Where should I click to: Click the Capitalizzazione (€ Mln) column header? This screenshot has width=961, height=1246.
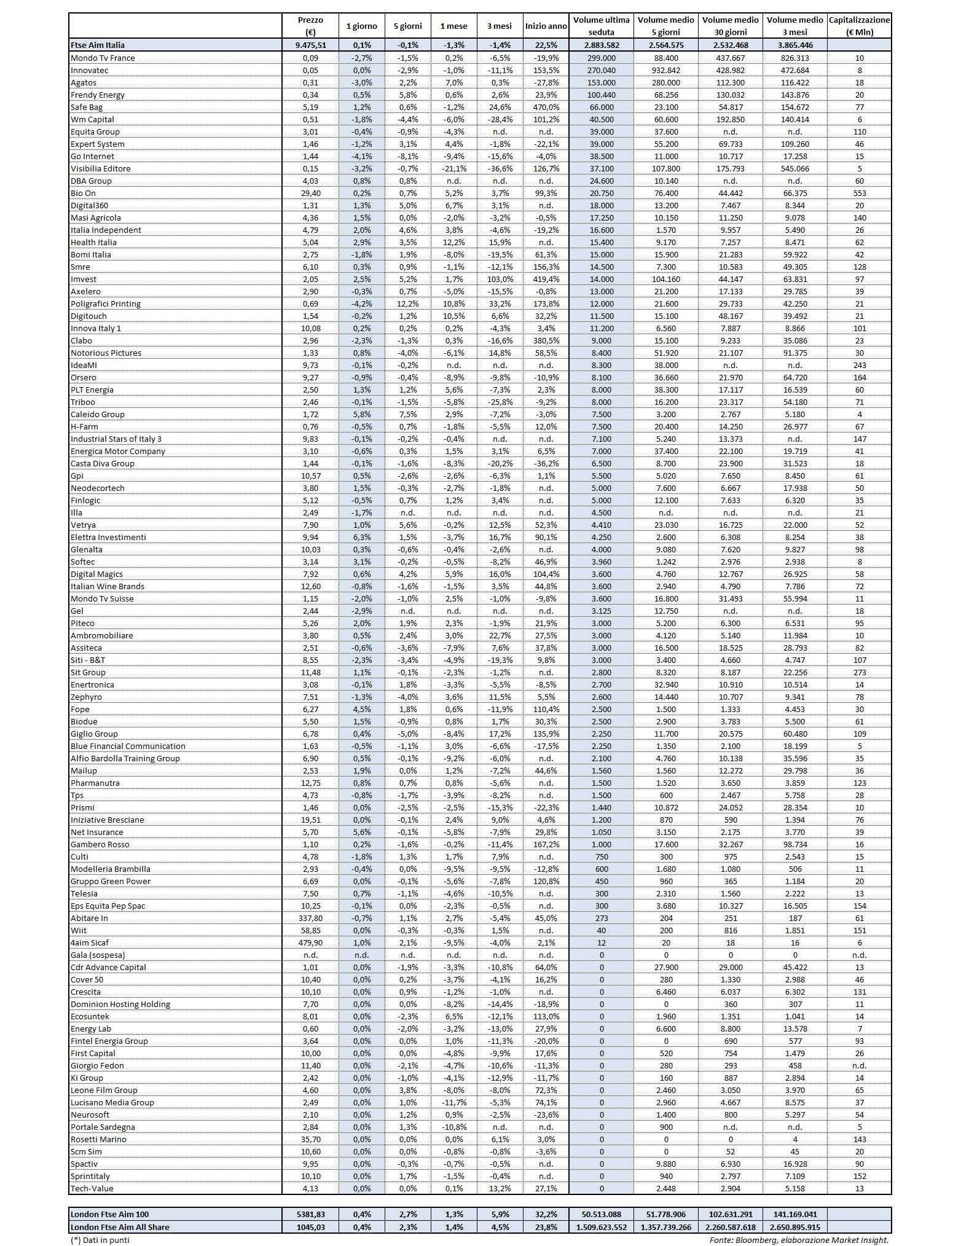pyautogui.click(x=859, y=26)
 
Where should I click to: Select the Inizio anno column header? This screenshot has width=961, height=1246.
pyautogui.click(x=546, y=26)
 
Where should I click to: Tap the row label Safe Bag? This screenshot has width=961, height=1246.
pyautogui.click(x=87, y=107)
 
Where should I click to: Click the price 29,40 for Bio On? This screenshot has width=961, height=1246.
pyautogui.click(x=310, y=193)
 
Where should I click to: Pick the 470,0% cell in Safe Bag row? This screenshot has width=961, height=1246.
pyautogui.click(x=546, y=107)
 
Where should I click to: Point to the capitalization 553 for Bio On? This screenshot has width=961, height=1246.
pyautogui.click(x=859, y=193)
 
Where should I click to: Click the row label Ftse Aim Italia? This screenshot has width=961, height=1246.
pyautogui.click(x=98, y=45)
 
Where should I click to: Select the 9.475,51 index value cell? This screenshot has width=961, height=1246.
pyautogui.click(x=310, y=45)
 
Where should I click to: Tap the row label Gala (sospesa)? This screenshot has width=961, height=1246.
pyautogui.click(x=98, y=955)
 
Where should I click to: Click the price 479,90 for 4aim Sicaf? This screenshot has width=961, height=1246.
pyautogui.click(x=310, y=942)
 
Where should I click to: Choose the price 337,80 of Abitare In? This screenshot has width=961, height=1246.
pyautogui.click(x=310, y=918)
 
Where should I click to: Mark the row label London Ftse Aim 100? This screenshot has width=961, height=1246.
pyautogui.click(x=110, y=1214)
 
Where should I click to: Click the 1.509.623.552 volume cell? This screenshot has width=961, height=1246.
pyautogui.click(x=602, y=1227)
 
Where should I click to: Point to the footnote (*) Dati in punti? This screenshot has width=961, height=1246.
pyautogui.click(x=100, y=1240)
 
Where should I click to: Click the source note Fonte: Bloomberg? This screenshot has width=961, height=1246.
pyautogui.click(x=799, y=1240)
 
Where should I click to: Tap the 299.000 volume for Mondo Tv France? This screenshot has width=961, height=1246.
pyautogui.click(x=602, y=58)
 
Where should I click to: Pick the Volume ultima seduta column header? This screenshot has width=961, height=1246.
pyautogui.click(x=602, y=26)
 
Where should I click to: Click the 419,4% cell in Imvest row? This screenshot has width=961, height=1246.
pyautogui.click(x=546, y=279)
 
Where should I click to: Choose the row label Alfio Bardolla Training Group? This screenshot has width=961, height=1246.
pyautogui.click(x=125, y=758)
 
